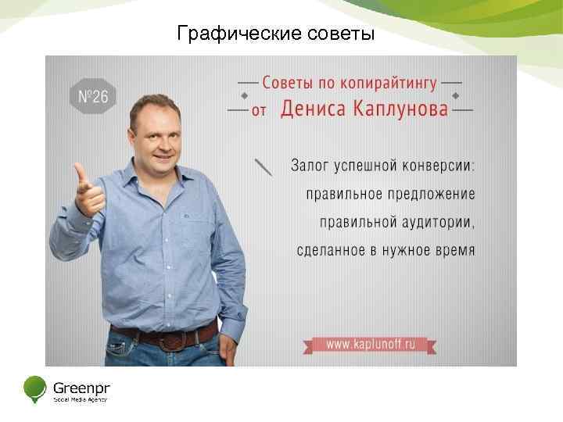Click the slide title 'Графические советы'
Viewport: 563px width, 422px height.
tap(276, 34)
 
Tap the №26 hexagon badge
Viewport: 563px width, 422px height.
tap(93, 97)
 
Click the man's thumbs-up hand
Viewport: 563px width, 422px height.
tap(88, 190)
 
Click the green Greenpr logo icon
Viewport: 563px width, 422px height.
tap(35, 388)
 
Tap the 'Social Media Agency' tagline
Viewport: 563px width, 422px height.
tap(80, 399)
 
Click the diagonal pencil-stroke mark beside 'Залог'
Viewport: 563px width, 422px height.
tap(264, 166)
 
